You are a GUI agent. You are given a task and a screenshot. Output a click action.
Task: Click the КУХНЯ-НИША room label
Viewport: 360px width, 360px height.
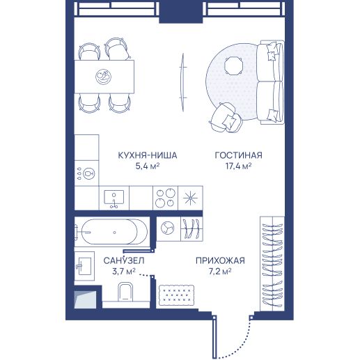click(x=148, y=155)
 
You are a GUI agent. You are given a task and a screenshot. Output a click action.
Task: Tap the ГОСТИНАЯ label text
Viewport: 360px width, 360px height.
click(x=239, y=155)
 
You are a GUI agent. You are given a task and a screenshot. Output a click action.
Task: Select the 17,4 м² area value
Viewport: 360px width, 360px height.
click(x=239, y=166)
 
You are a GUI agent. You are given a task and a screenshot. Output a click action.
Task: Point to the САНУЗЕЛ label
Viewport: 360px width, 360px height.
click(x=124, y=260)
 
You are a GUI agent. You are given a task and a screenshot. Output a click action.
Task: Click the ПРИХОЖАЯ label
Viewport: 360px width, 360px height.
click(x=220, y=260)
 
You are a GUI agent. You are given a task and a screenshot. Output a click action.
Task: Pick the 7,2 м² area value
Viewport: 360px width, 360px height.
click(x=220, y=272)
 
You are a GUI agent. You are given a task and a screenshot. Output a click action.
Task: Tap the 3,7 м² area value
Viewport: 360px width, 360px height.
click(x=124, y=272)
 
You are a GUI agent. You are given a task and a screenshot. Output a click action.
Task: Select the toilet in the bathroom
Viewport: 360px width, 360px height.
click(x=125, y=292)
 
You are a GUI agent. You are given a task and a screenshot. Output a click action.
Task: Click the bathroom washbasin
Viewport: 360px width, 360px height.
click(x=84, y=266)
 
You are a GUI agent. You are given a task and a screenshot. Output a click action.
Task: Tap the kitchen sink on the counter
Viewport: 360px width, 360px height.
click(x=114, y=198)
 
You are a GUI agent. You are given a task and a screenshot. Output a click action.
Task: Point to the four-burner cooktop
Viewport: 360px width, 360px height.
click(x=165, y=198)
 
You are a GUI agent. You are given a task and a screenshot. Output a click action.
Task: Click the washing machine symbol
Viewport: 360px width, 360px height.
click(x=168, y=228)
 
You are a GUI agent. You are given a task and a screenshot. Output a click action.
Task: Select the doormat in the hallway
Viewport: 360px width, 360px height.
click(x=177, y=295)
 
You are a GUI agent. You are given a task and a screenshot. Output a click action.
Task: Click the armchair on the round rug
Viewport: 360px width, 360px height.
click(x=226, y=118)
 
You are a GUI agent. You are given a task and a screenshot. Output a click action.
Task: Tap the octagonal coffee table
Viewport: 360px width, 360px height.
click(x=234, y=65)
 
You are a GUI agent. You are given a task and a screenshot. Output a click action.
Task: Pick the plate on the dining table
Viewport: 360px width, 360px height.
click(x=103, y=77)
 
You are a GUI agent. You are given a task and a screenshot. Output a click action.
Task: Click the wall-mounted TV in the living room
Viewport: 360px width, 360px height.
click(x=183, y=82)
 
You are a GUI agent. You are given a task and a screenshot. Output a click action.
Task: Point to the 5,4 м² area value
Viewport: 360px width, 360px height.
click(x=148, y=166)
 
